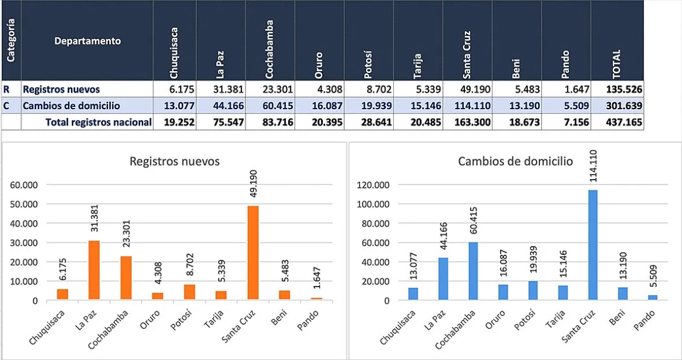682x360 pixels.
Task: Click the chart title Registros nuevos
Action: (x=174, y=162)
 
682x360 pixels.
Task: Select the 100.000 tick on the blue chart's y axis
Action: (x=373, y=204)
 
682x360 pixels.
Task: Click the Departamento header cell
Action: (x=88, y=41)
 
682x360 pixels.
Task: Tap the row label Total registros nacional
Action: (x=98, y=122)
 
